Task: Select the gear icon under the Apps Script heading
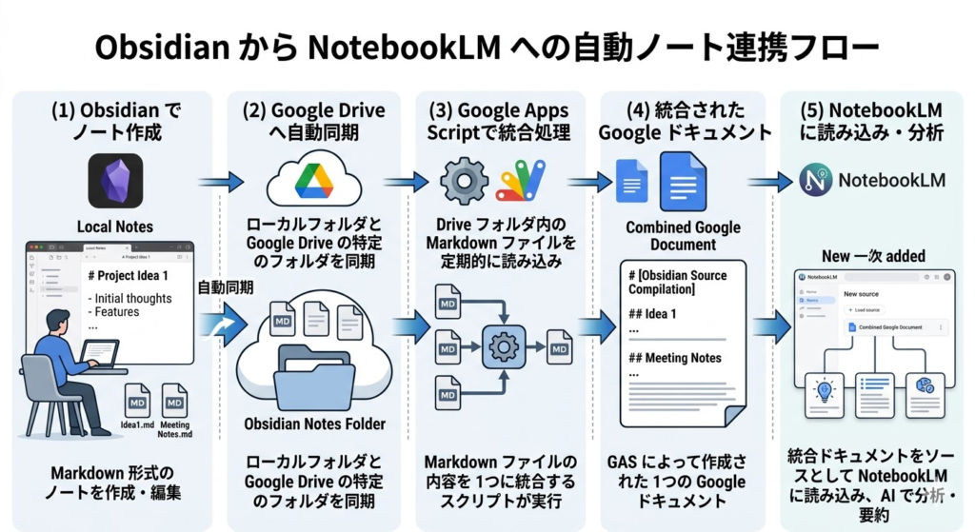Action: click(x=464, y=182)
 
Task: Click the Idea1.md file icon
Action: click(x=137, y=401)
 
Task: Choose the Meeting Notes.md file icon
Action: click(x=174, y=401)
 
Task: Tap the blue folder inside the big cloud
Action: click(x=313, y=377)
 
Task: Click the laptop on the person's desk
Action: click(x=98, y=354)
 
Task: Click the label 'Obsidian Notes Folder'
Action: click(x=313, y=424)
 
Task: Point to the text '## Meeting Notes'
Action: click(x=675, y=358)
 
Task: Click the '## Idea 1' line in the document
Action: click(x=653, y=314)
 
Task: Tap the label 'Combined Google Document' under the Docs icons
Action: click(x=683, y=236)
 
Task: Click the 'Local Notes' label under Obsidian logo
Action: click(x=115, y=227)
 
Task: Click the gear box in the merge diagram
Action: click(x=504, y=345)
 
